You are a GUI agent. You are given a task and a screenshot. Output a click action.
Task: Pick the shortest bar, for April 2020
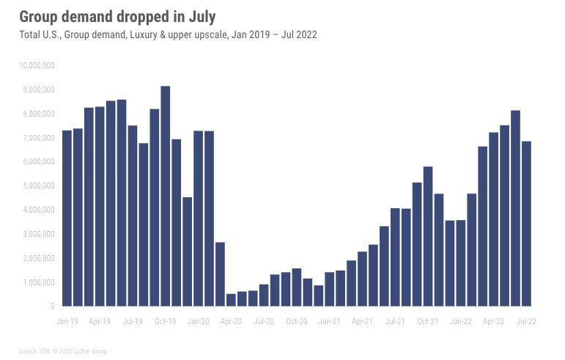click(x=231, y=300)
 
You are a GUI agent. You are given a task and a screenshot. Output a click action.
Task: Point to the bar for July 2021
click(x=395, y=257)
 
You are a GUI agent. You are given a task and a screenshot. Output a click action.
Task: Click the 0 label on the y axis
click(x=52, y=306)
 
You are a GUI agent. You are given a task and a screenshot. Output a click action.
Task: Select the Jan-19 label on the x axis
click(x=67, y=321)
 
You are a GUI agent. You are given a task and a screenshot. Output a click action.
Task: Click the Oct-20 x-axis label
click(x=297, y=321)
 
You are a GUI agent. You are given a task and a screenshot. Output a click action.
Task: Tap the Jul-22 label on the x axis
click(x=526, y=321)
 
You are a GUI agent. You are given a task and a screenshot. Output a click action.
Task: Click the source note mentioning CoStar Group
click(x=63, y=351)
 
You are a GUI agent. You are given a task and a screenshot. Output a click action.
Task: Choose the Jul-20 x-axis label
click(x=264, y=321)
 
